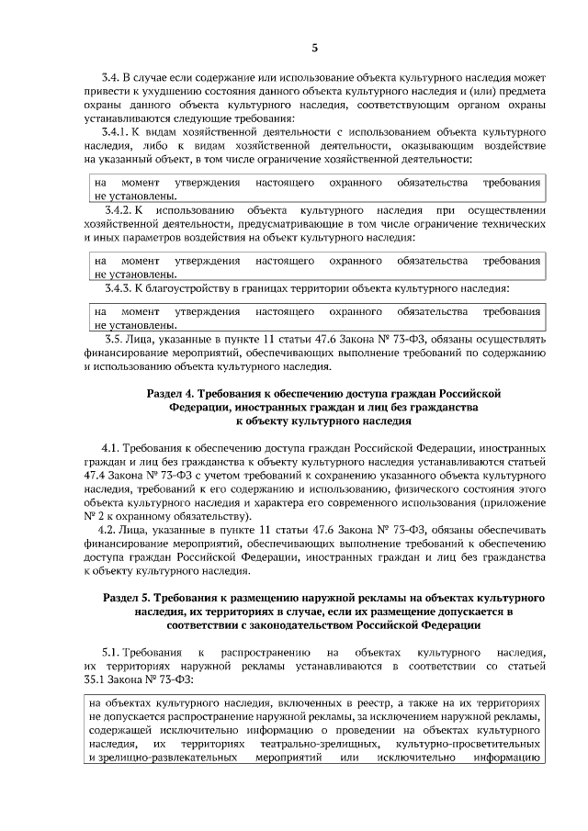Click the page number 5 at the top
314,47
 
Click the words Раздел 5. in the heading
128,598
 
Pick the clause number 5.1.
109,651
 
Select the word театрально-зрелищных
328,745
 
